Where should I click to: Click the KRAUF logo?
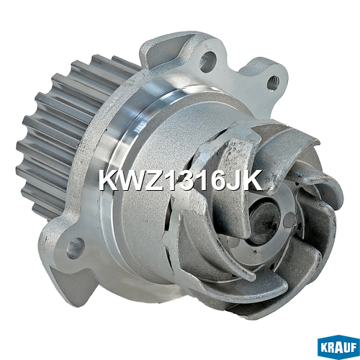coord(338,348)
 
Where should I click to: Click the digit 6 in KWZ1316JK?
coord(215,181)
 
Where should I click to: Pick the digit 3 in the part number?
coord(187,181)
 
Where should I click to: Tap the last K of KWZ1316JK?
coord(251,180)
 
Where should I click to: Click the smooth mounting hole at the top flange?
coord(207,61)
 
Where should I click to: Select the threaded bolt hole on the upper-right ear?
coord(272,82)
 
